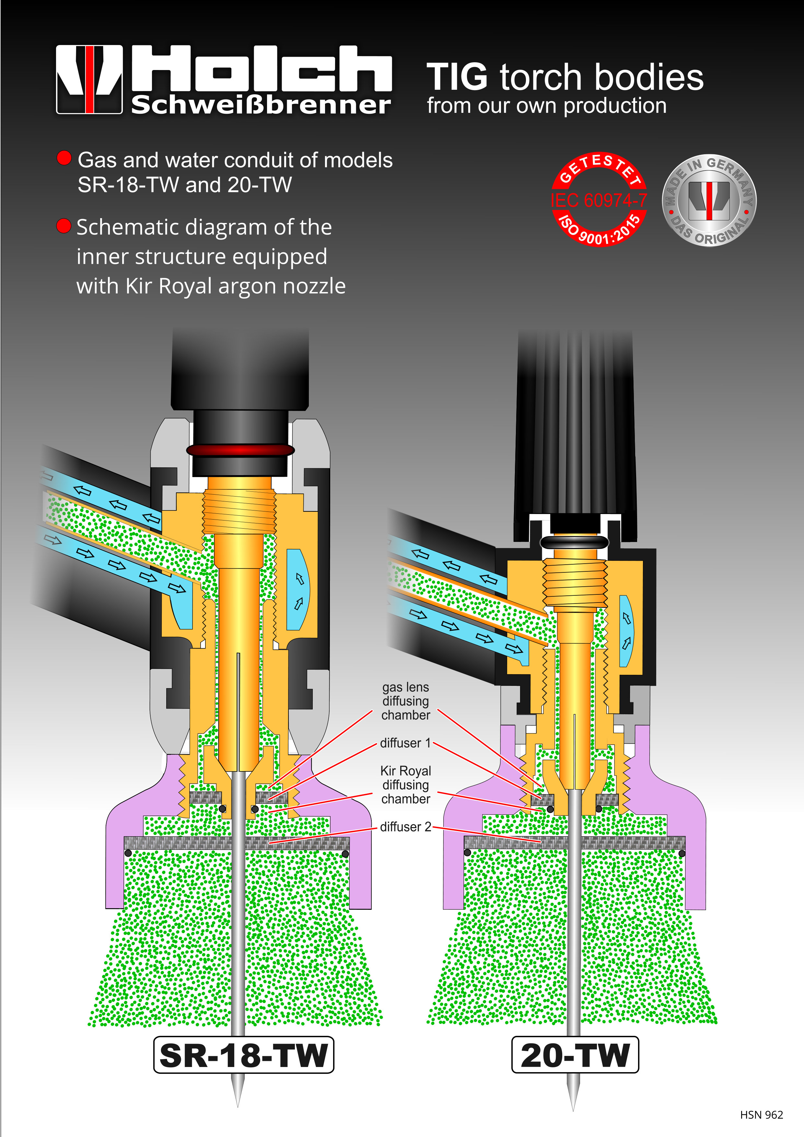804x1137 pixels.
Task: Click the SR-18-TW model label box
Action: (244, 1055)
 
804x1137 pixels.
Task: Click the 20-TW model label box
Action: (575, 1055)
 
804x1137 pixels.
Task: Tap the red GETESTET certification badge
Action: (599, 200)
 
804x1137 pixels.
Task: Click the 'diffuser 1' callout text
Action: (405, 743)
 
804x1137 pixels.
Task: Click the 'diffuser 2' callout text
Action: (405, 826)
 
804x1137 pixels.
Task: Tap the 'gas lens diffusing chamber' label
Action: (405, 701)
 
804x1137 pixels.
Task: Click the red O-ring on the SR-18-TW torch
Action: (240, 450)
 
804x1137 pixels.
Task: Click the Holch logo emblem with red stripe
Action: (89, 79)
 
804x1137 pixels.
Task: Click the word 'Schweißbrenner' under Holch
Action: (261, 105)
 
